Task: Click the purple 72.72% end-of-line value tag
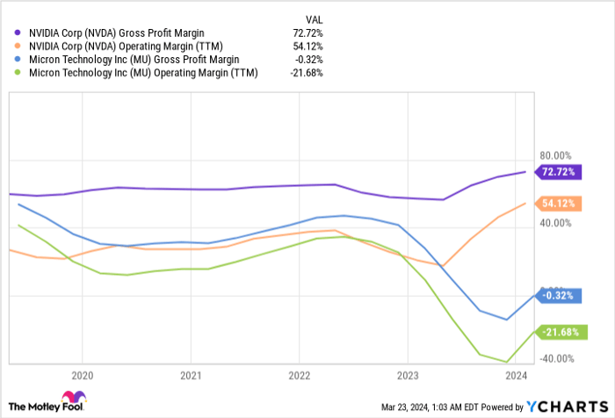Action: pos(559,170)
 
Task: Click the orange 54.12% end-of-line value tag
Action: pos(559,203)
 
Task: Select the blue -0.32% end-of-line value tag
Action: pos(559,297)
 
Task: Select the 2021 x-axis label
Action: pos(190,373)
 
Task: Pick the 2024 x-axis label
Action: pos(515,373)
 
